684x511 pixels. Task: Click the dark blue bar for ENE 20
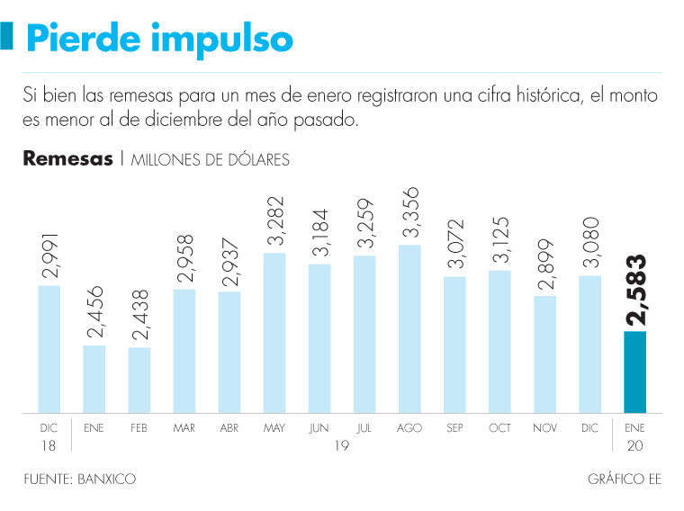634,372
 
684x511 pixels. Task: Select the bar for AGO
409,328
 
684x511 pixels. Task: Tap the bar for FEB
139,380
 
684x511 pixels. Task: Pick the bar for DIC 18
49,349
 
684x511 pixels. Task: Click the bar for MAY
274,333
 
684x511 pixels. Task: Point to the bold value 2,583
637,291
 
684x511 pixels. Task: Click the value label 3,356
410,213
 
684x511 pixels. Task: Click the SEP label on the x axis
454,428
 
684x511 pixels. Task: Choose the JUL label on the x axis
364,428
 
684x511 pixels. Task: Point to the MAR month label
184,428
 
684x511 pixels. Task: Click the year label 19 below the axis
341,446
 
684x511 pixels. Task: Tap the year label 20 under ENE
634,446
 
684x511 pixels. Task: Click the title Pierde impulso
159,39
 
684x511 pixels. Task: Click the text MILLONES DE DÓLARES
211,160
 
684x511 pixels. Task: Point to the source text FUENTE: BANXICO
79,480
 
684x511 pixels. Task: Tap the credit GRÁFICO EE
625,480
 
